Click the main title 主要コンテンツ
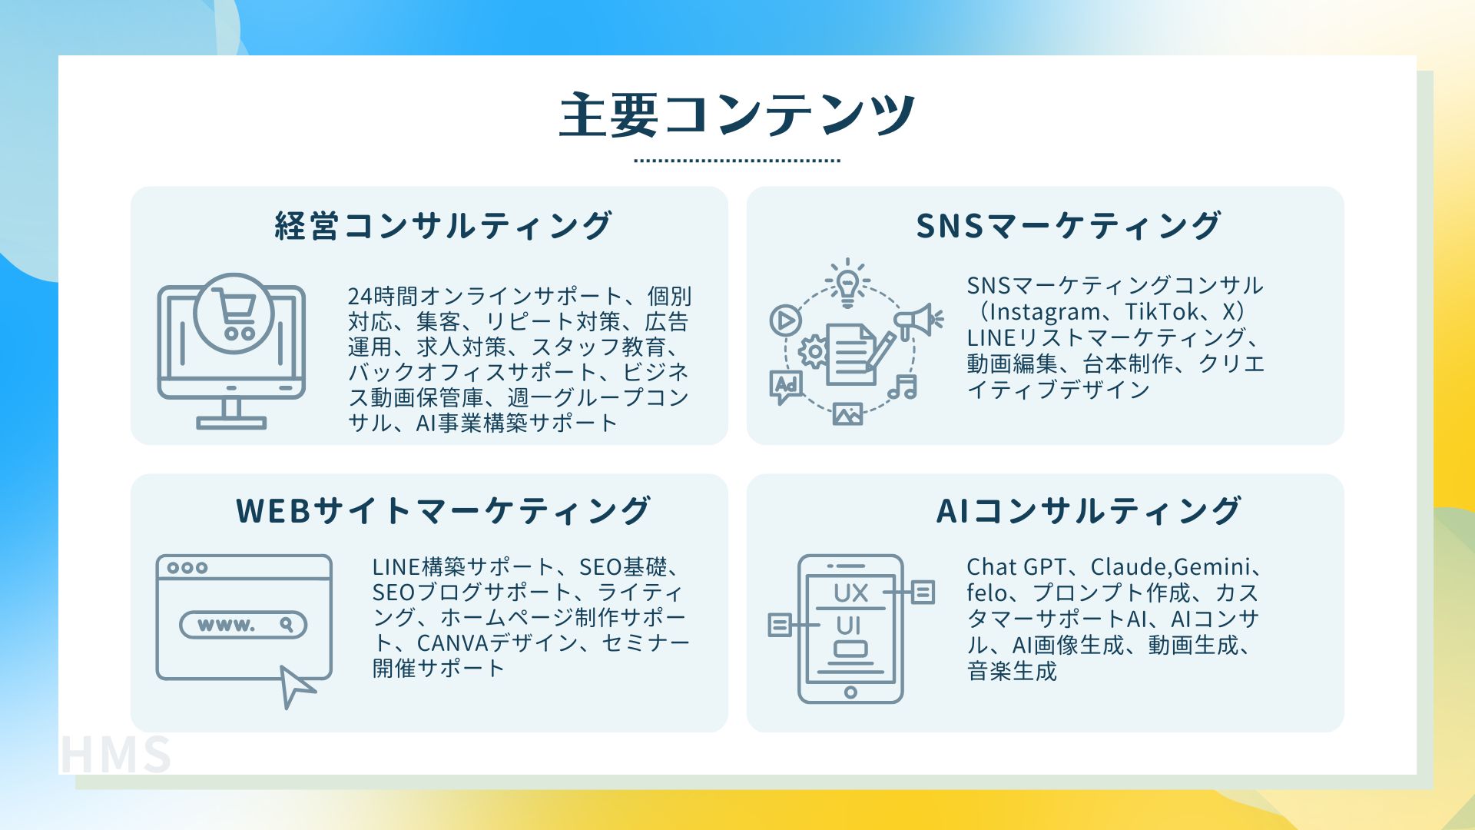(737, 115)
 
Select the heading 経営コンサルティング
(443, 226)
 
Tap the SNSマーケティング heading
(1068, 226)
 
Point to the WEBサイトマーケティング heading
(443, 511)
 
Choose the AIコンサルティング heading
(1089, 511)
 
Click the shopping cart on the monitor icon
(234, 314)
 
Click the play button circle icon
(785, 320)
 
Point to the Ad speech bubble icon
(786, 387)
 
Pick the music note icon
(903, 387)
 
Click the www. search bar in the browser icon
(243, 625)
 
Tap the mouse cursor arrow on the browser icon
(296, 686)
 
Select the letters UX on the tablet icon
(851, 593)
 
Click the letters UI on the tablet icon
(848, 626)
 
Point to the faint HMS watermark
(116, 755)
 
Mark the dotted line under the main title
(737, 161)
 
